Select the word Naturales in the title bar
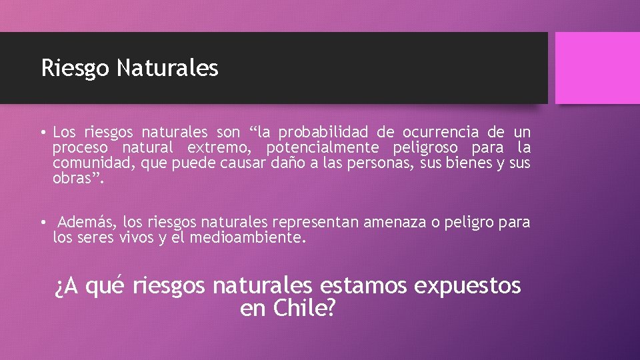[x=167, y=67]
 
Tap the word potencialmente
[x=322, y=147]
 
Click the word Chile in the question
[x=297, y=309]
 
